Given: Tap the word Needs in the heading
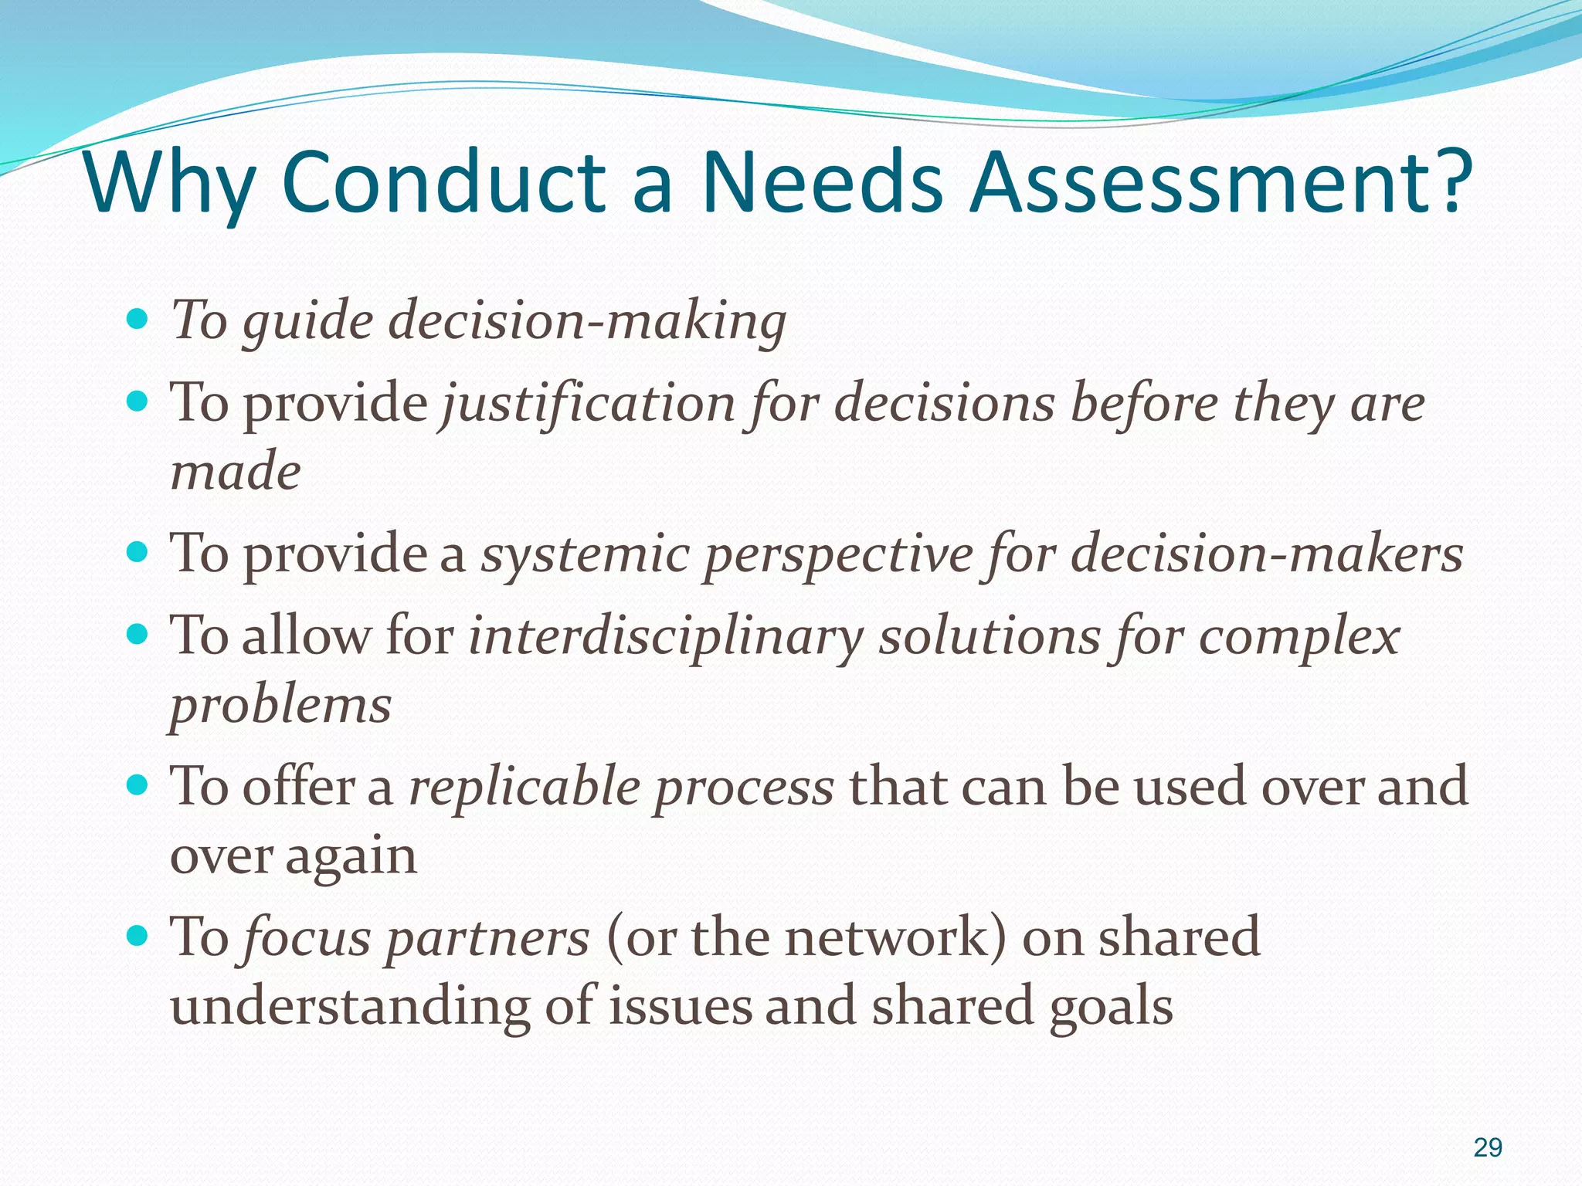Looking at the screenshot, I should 821,183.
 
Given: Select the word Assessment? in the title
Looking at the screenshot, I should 1220,183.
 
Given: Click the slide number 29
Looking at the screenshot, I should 1488,1148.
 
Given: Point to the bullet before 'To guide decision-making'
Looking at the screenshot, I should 137,318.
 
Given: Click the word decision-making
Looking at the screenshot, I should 587,320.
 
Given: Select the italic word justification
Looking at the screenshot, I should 587,403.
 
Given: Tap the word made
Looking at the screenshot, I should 235,471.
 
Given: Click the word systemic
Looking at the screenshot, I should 586,554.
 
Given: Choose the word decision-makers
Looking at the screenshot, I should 1267,554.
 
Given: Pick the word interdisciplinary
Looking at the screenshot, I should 666,637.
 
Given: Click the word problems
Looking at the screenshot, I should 280,705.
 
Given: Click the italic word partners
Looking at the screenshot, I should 487,937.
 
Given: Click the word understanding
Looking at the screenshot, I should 350,1006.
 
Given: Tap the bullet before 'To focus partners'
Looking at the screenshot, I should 137,937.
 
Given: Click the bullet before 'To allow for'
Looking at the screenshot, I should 137,635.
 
